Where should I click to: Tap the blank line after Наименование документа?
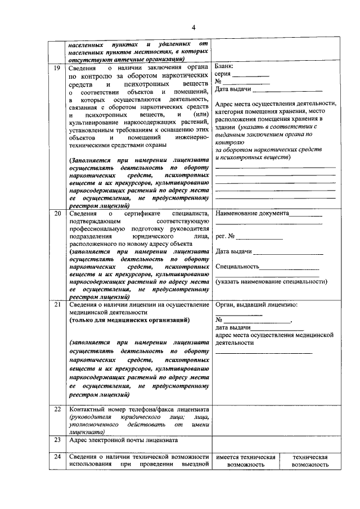pyautogui.click(x=307, y=215)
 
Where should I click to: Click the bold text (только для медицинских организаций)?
pyautogui.click(x=129, y=320)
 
